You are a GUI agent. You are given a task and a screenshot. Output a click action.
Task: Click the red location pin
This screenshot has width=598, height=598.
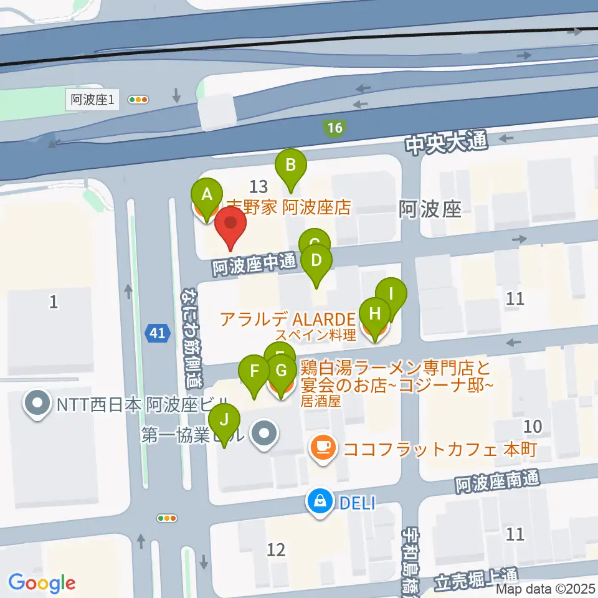click(x=230, y=225)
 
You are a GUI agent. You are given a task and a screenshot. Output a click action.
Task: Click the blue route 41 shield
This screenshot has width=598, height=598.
click(x=158, y=334)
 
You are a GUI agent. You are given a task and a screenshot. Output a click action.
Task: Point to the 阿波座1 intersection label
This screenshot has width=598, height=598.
click(x=92, y=99)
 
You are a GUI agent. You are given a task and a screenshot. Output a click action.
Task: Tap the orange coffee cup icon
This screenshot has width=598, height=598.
click(x=323, y=447)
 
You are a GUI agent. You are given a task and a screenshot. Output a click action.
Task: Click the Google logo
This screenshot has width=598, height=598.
click(x=42, y=583)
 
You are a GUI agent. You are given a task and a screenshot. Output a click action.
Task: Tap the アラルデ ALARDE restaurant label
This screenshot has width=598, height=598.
click(x=288, y=320)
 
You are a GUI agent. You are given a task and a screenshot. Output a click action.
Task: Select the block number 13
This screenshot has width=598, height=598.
click(x=259, y=186)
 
